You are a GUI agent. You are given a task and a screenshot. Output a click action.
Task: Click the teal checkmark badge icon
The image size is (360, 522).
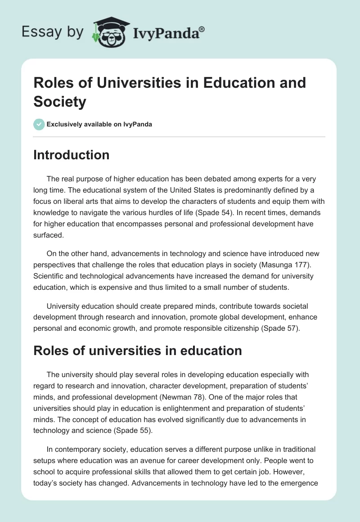(x=39, y=124)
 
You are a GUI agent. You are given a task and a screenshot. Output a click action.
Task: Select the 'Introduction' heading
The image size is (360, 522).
(x=72, y=155)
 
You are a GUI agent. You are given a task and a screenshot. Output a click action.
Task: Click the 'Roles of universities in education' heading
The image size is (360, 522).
(x=138, y=351)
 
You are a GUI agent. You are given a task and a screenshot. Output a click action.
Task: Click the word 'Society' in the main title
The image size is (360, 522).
(x=59, y=102)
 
